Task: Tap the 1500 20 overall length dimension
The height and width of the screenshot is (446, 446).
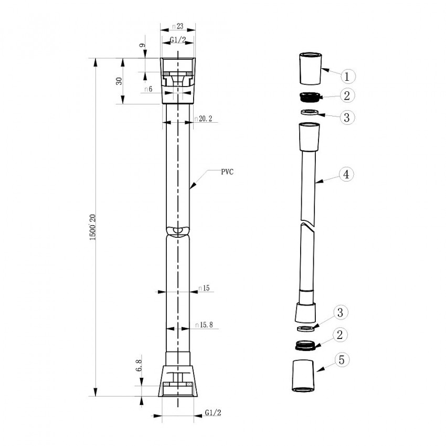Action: pos(92,227)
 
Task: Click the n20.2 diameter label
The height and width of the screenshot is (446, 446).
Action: pos(203,119)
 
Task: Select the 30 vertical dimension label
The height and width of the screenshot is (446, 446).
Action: pos(119,81)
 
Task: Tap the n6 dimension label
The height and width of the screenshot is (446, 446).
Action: pos(148,90)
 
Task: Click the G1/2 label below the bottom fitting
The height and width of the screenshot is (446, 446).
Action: pos(213,412)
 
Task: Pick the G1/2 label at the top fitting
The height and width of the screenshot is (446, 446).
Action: pos(177,40)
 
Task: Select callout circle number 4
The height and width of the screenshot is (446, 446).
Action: pos(346,174)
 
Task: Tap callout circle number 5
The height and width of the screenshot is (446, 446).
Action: pos(341,360)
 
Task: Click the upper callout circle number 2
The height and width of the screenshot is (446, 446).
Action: pos(346,95)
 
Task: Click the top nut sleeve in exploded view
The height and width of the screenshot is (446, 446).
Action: pos(309,68)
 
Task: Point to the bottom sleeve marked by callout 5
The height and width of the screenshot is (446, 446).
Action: pos(302,376)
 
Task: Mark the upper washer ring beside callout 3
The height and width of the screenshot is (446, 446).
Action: pos(310,112)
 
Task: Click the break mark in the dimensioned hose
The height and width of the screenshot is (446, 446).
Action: pos(178,231)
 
